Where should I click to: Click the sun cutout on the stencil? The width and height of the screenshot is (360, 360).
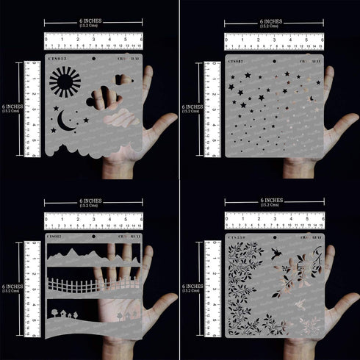pos(64,80)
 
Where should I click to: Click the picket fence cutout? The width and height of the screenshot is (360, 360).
pos(92,284)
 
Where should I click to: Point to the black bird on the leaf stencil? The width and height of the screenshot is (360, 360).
pos(277,253)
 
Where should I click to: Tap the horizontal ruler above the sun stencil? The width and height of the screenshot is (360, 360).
pos(93,40)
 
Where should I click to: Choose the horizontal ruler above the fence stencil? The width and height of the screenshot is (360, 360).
pos(93,220)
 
